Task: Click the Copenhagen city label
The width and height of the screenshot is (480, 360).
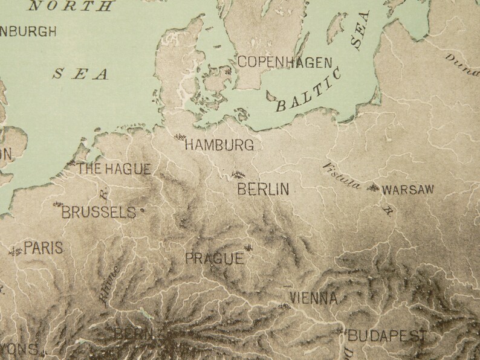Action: pos(285,62)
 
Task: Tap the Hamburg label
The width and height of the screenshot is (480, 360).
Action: pos(219,145)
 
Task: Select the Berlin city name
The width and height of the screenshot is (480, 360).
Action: pos(263,190)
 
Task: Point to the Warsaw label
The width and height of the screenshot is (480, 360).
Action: pos(409,190)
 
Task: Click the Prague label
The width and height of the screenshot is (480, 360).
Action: pos(214,259)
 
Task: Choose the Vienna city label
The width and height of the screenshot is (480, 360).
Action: pos(313,298)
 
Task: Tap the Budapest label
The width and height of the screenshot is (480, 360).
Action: pos(390,336)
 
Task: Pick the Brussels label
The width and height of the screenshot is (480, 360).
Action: pos(99,212)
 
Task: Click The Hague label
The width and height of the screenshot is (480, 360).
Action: pos(113,170)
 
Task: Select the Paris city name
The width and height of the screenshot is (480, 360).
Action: pos(43,248)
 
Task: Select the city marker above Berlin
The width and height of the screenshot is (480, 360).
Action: pos(238,175)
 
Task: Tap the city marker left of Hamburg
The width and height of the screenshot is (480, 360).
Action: pos(179,138)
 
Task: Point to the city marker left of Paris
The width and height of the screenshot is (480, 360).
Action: pos(15,250)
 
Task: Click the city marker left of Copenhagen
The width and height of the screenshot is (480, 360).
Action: pos(229,72)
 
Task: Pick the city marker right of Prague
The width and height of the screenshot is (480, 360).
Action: pos(249,247)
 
